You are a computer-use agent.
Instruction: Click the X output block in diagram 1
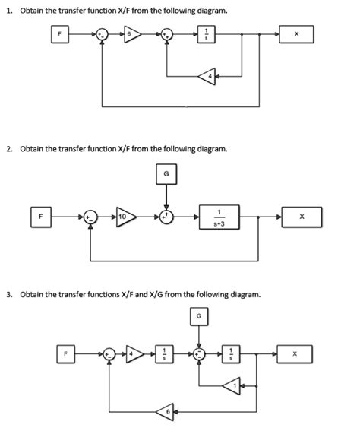pyautogui.click(x=296, y=35)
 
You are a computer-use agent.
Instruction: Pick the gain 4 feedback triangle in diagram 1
pyautogui.click(x=207, y=74)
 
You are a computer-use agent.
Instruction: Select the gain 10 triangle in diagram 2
pyautogui.click(x=124, y=217)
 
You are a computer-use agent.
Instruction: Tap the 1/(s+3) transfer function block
pyautogui.click(x=221, y=217)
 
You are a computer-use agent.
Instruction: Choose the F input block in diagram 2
pyautogui.click(x=43, y=217)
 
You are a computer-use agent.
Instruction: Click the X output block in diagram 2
pyautogui.click(x=302, y=217)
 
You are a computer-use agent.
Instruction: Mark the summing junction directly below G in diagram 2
pyautogui.click(x=166, y=217)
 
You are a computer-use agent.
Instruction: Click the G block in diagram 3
pyautogui.click(x=200, y=315)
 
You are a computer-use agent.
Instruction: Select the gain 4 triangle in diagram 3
pyautogui.click(x=134, y=353)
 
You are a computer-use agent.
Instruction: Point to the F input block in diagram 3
pyautogui.click(x=66, y=353)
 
